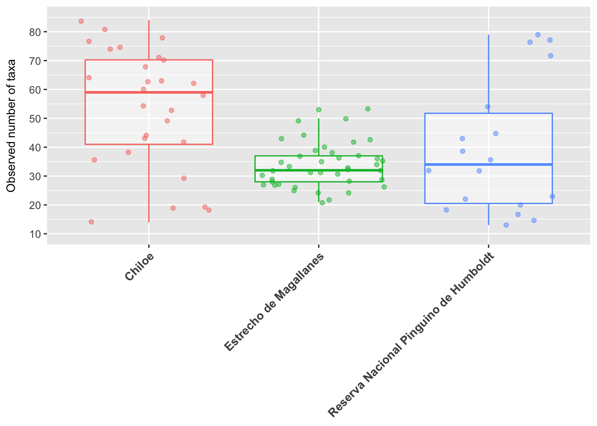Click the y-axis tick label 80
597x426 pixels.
[35, 32]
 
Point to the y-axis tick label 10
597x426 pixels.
[35, 234]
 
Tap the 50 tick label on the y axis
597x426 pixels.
[35, 119]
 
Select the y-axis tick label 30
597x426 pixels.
[35, 177]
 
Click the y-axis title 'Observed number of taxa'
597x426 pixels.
[11, 126]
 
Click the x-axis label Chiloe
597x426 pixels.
[139, 267]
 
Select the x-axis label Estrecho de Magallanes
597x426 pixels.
[274, 302]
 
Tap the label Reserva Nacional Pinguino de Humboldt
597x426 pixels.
[411, 335]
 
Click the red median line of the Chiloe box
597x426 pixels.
[149, 92]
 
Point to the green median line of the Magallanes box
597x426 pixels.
[319, 170]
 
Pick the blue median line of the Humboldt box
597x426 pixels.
[489, 165]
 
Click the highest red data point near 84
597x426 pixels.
[81, 21]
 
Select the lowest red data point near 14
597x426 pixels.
[91, 222]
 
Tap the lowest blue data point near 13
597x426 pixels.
[506, 225]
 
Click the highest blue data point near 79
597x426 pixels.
[538, 35]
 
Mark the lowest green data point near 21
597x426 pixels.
[322, 203]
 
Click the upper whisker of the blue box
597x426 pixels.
[489, 74]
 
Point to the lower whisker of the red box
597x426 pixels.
[149, 183]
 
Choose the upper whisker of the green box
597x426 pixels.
[319, 137]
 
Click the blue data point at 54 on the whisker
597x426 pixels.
[488, 107]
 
